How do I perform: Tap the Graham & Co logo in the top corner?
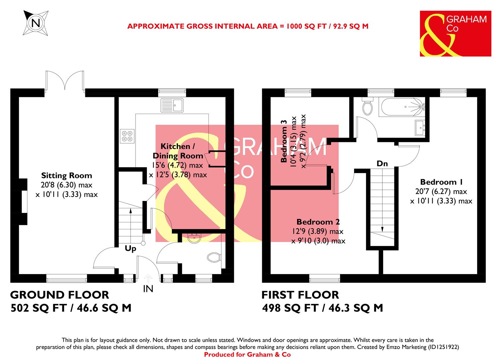click(455, 34)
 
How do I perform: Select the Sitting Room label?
click(66, 176)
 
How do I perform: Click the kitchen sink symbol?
click(172, 105)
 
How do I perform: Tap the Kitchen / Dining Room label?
click(178, 151)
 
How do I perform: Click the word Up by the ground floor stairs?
click(130, 248)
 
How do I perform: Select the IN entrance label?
click(148, 289)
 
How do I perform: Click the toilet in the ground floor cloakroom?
click(214, 257)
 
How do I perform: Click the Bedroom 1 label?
click(441, 182)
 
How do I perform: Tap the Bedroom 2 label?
click(318, 222)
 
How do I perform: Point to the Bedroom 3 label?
click(284, 141)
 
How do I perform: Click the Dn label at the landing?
click(382, 163)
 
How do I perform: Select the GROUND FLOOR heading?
click(60, 295)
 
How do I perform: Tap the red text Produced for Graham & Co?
click(247, 354)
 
